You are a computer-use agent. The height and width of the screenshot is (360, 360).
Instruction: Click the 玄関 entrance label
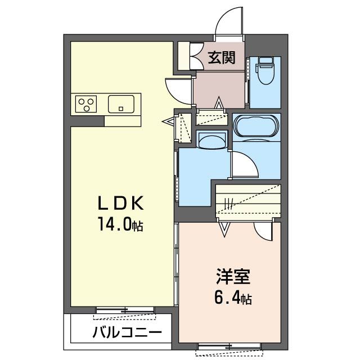click(x=221, y=57)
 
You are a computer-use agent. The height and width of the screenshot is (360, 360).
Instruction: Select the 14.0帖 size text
click(x=120, y=225)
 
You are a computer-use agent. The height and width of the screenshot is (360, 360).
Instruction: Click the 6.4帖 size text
click(x=232, y=298)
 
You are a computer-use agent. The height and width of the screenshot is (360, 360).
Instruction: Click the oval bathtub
click(x=256, y=126)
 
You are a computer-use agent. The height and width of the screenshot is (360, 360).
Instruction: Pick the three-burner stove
click(x=87, y=104)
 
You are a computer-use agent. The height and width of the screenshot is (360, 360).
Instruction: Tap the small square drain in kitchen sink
click(x=121, y=107)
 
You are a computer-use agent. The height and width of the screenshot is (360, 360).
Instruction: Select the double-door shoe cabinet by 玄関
click(x=187, y=56)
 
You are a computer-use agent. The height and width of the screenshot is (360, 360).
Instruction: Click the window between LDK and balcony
click(x=124, y=309)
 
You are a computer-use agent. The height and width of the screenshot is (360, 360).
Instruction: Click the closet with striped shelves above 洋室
click(x=247, y=200)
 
